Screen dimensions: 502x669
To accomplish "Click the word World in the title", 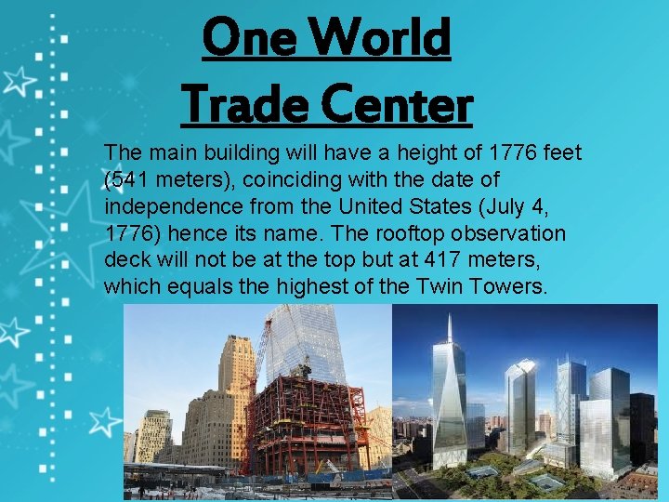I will point(383,39).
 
